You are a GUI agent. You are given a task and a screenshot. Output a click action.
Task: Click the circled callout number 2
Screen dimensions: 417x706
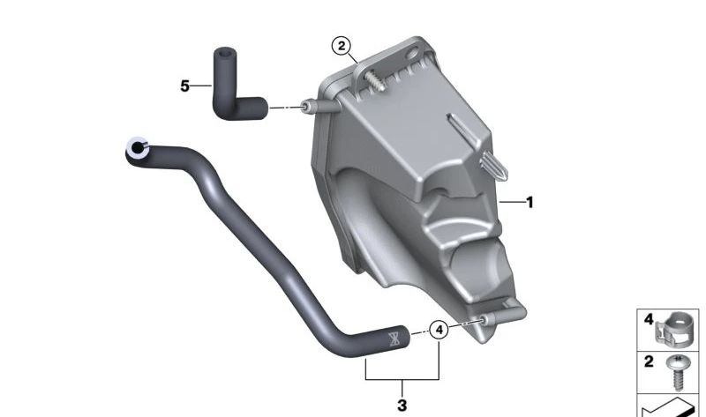click(x=342, y=46)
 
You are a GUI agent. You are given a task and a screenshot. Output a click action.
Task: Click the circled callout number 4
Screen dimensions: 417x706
click(x=439, y=331)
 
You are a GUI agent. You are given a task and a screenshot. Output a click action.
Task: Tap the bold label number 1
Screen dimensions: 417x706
click(x=529, y=202)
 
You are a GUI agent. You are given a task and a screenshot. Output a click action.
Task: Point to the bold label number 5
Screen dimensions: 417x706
click(x=185, y=86)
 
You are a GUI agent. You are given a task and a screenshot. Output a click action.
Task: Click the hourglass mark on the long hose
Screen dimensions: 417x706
click(x=393, y=335)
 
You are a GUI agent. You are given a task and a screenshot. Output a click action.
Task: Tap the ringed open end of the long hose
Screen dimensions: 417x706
click(x=137, y=150)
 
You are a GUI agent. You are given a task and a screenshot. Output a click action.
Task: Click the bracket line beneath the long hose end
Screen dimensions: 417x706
click(x=402, y=377)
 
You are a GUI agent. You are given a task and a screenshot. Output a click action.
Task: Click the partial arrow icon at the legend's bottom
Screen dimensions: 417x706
click(x=671, y=406)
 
